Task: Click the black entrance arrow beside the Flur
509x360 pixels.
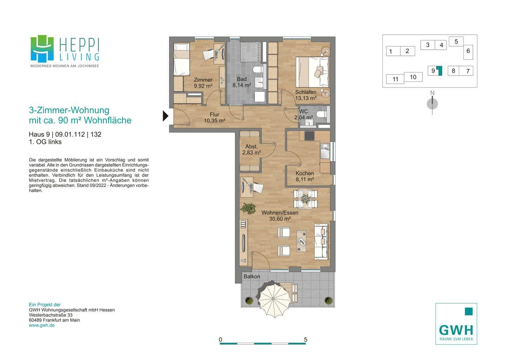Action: coord(165,116)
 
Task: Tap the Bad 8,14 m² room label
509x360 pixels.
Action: coord(241,82)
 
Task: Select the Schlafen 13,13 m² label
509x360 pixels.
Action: coord(306,95)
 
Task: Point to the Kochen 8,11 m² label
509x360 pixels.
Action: coord(305,176)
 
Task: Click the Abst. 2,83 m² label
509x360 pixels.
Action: coord(251,149)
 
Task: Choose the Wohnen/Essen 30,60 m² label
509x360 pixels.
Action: coord(280,216)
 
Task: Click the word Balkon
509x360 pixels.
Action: coord(252,276)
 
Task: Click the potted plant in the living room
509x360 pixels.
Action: coord(248,208)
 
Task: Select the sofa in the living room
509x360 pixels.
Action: coord(321,242)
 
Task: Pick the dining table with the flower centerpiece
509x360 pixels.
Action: coord(305,199)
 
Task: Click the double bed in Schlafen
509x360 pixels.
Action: coord(312,72)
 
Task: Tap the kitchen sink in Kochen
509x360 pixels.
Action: coord(325,151)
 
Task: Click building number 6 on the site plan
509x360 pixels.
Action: coord(468,51)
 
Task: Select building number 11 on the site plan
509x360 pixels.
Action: coord(395,79)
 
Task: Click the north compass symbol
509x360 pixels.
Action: coord(432,104)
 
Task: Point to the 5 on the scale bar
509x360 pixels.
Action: coord(306,340)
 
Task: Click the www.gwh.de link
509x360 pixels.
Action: coord(42,325)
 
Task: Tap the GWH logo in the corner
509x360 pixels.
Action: coord(456,324)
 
